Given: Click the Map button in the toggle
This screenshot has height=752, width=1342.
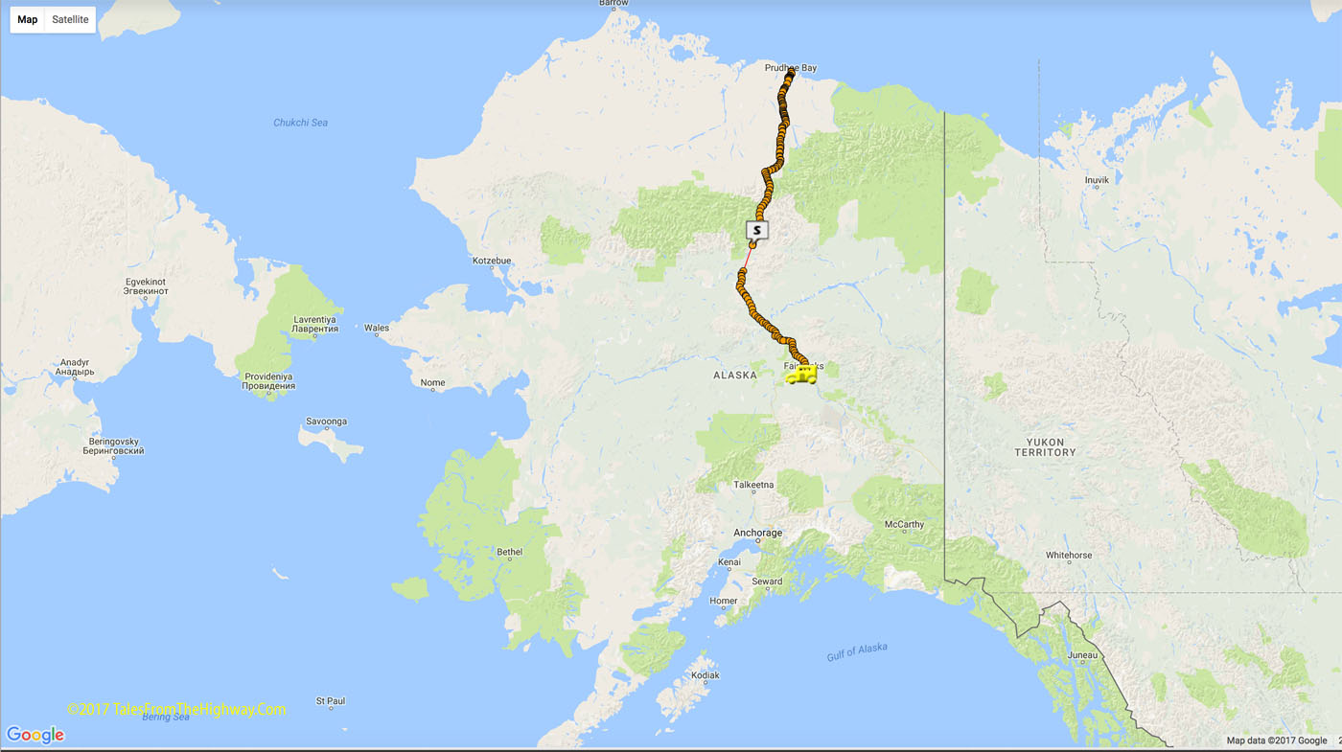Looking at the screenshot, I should (x=28, y=19).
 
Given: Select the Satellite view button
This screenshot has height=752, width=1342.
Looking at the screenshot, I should (x=70, y=19).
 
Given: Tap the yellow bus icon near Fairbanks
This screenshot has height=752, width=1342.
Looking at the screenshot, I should (x=800, y=375).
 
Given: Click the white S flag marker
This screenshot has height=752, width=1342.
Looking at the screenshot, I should (x=757, y=230).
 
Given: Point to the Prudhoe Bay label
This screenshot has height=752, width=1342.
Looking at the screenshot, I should (x=791, y=68).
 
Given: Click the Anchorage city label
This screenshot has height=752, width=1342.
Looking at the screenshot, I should (x=758, y=533).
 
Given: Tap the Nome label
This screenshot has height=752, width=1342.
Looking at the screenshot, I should (x=432, y=383).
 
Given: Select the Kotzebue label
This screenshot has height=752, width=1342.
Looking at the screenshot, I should (x=492, y=261).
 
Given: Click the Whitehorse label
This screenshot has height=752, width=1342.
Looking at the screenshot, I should (x=1069, y=556).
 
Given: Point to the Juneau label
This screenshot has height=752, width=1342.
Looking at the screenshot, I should (x=1082, y=656).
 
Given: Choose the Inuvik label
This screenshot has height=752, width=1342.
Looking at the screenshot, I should (x=1097, y=180).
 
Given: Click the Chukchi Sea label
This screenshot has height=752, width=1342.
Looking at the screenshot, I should (x=300, y=123).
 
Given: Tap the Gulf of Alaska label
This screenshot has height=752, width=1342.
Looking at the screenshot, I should (x=857, y=651).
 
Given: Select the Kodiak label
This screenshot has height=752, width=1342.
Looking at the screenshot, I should (x=705, y=675).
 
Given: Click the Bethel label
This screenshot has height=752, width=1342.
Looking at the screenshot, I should (x=510, y=552).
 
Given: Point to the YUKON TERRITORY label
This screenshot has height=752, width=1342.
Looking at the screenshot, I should (x=1045, y=446).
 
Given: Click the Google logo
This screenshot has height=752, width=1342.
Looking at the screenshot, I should (x=35, y=735).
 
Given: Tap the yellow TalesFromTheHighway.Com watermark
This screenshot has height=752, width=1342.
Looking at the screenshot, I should (x=176, y=710).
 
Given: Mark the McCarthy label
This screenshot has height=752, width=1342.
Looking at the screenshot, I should (x=904, y=525).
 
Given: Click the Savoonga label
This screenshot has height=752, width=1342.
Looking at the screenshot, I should (x=326, y=422).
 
